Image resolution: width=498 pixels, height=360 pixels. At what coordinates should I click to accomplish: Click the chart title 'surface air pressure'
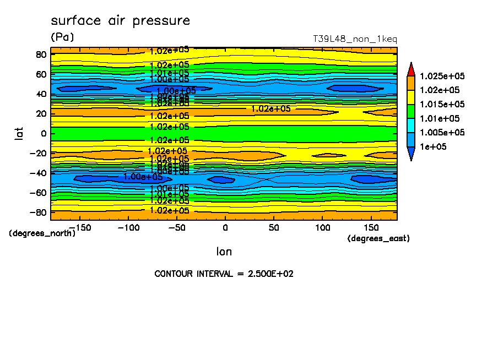[x=120, y=21]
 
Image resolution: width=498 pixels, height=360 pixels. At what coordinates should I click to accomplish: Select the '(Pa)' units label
[x=62, y=37]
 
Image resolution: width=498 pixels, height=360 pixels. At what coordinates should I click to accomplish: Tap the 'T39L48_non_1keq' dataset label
[x=354, y=40]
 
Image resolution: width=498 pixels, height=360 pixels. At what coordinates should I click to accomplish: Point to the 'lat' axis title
[x=19, y=133]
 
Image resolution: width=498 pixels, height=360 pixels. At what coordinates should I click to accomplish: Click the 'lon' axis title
[x=224, y=252]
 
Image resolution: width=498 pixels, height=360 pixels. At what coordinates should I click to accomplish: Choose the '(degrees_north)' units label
[x=42, y=233]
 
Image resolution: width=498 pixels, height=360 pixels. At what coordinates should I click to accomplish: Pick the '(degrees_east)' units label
[x=378, y=238]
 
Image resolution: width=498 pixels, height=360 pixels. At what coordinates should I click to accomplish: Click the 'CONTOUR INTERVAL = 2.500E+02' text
[x=224, y=274]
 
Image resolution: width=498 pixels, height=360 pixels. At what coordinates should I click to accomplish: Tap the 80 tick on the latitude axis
[x=41, y=54]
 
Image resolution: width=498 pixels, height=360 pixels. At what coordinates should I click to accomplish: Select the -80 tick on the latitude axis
[x=38, y=212]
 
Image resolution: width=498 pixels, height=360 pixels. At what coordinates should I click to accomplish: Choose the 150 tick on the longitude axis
[x=371, y=227]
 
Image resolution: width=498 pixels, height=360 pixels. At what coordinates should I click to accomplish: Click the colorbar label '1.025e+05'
[x=442, y=76]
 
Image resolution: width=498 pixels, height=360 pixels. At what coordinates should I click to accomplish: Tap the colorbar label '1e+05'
[x=433, y=147]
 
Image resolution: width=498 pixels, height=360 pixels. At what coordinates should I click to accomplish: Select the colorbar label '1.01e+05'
[x=440, y=118]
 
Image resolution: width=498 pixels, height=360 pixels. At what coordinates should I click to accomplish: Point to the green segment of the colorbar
[x=411, y=111]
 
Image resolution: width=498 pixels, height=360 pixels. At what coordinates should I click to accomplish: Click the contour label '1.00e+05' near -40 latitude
[x=143, y=177]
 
